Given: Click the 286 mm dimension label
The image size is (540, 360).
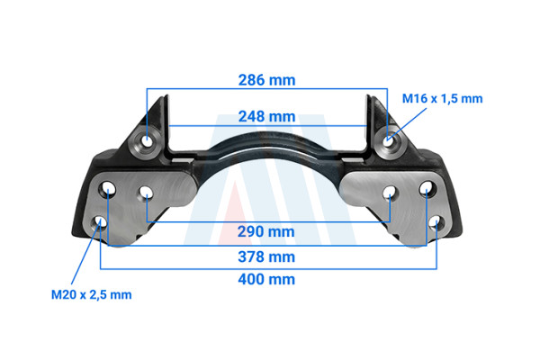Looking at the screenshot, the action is (x=267, y=80).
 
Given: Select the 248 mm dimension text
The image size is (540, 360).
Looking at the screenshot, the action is (x=267, y=117).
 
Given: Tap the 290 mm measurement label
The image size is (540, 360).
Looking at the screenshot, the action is (x=266, y=232).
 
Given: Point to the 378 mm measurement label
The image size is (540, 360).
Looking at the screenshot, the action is (x=266, y=257).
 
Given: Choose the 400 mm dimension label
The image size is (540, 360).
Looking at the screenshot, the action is (x=266, y=279).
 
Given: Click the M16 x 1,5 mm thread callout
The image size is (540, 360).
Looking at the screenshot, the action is (x=442, y=99).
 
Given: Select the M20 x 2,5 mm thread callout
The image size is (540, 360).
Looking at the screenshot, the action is (x=91, y=295).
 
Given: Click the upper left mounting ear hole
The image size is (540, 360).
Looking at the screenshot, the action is (x=147, y=141).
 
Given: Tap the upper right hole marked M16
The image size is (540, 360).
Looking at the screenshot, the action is (x=388, y=141).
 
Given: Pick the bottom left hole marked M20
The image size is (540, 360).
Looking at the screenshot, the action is (x=100, y=223).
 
